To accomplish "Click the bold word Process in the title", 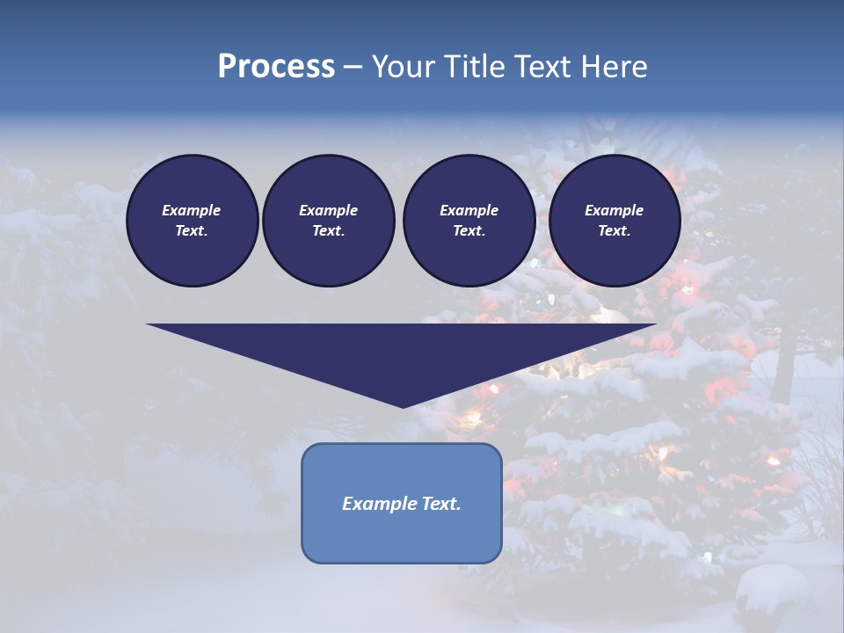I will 276,67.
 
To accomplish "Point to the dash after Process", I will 353,68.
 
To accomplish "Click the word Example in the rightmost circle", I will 614,210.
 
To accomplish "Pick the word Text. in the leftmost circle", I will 192,231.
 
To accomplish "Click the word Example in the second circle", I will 328,210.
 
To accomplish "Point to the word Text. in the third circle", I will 469,231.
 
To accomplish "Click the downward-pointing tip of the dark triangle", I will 403,405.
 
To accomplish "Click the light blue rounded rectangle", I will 402,536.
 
